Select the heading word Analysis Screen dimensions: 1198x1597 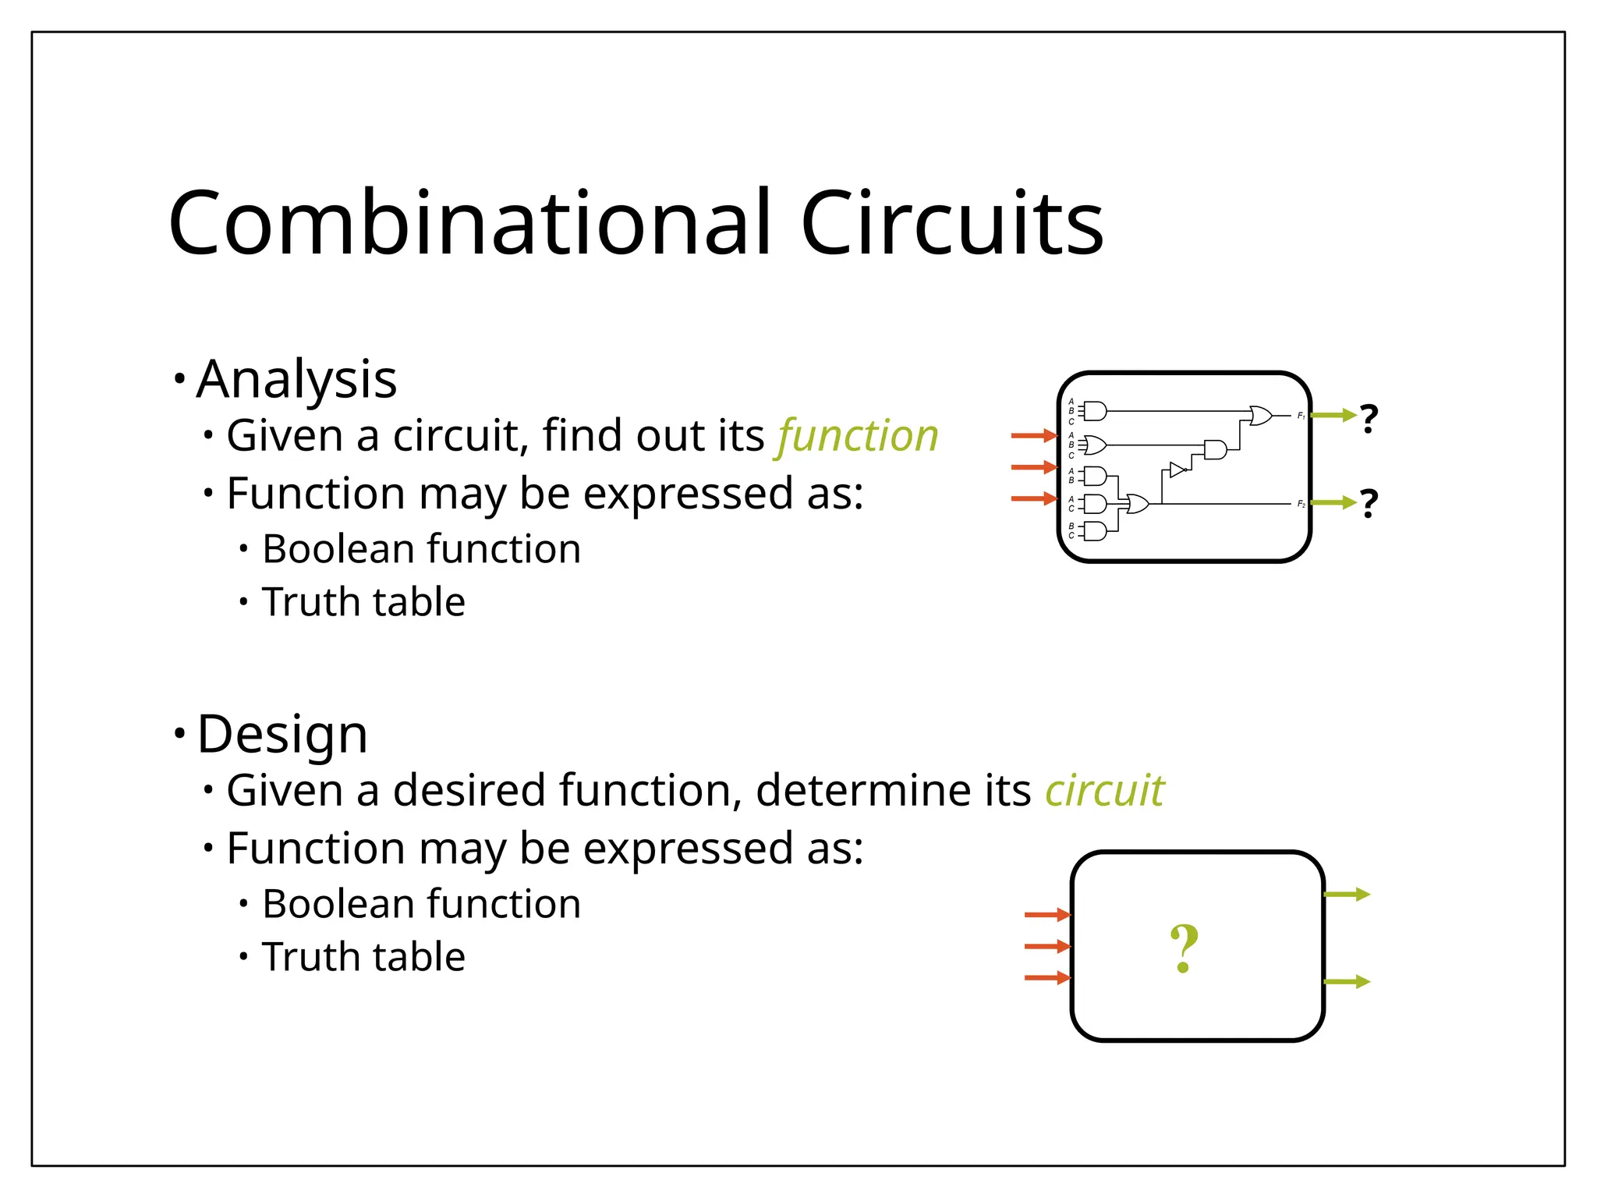pyautogui.click(x=296, y=380)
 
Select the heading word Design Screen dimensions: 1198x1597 pyautogui.click(x=282, y=735)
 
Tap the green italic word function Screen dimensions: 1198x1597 pyautogui.click(x=858, y=435)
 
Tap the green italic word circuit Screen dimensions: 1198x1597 pyautogui.click(x=1104, y=791)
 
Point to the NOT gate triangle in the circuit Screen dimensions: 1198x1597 pyautogui.click(x=1177, y=470)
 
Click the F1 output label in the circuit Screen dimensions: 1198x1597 pyautogui.click(x=1301, y=416)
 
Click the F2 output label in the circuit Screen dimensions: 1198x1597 pyautogui.click(x=1301, y=505)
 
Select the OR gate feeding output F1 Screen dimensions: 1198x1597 pyautogui.click(x=1259, y=416)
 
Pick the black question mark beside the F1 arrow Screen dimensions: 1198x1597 pyautogui.click(x=1369, y=419)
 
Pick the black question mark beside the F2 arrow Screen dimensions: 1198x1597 pyautogui.click(x=1369, y=504)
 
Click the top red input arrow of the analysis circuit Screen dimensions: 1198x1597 pyautogui.click(x=1033, y=436)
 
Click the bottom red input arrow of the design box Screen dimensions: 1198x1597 pyautogui.click(x=1046, y=978)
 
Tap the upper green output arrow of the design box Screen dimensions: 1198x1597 pyautogui.click(x=1347, y=895)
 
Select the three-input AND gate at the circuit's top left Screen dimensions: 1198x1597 pyautogui.click(x=1095, y=411)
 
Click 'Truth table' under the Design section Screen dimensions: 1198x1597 pyautogui.click(x=363, y=957)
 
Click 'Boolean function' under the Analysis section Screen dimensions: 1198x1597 pyautogui.click(x=421, y=549)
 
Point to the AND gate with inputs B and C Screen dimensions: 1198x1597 pyautogui.click(x=1095, y=532)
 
